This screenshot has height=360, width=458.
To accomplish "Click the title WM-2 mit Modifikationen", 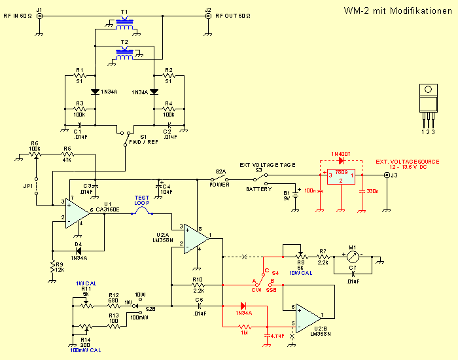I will (398, 11).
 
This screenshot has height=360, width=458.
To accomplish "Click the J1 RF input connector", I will (39, 16).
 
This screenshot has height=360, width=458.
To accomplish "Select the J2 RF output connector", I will (208, 16).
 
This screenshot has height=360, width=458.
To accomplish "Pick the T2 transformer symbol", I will (125, 54).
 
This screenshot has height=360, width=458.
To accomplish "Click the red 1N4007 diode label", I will (341, 153).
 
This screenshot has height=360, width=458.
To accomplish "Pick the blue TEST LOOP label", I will (142, 200).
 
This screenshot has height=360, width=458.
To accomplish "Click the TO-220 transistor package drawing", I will (429, 98).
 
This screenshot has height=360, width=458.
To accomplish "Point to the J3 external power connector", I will (385, 175).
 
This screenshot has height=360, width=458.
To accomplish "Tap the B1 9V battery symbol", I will (296, 194).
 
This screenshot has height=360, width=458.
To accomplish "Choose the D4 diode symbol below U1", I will (78, 249).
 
